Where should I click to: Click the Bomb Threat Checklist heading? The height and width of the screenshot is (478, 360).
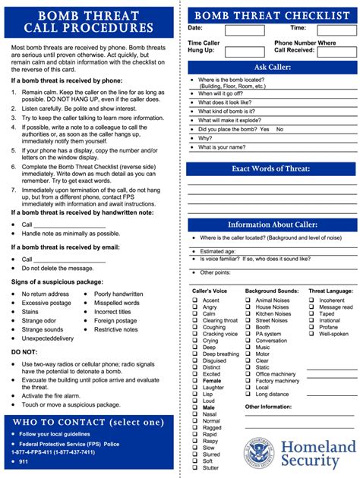click(x=272, y=15)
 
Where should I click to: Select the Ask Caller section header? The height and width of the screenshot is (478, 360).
click(x=272, y=68)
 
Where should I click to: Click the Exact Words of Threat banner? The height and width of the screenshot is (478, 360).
click(x=272, y=168)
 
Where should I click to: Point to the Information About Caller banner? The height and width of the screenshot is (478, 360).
click(x=272, y=225)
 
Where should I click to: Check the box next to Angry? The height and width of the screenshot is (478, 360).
click(x=194, y=307)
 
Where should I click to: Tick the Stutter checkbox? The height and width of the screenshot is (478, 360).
click(x=194, y=467)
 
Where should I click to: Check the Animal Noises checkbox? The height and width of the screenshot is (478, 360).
click(x=248, y=300)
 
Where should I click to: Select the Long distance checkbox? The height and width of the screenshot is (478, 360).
click(x=248, y=394)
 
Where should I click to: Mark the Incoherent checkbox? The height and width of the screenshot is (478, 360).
click(x=311, y=300)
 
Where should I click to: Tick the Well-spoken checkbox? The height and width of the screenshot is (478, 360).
click(x=311, y=334)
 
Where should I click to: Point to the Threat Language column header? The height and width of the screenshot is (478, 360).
click(x=330, y=291)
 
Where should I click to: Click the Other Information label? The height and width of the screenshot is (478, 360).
click(x=268, y=407)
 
